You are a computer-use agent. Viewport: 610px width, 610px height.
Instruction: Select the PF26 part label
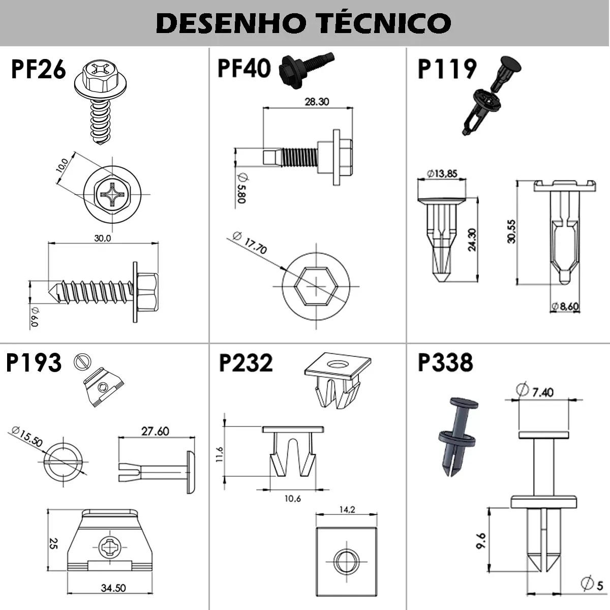[x=39, y=69]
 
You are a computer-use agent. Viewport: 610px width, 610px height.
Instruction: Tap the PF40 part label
[x=244, y=68]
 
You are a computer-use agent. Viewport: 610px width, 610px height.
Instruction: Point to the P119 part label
[x=447, y=69]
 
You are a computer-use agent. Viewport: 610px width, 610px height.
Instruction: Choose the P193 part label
[x=34, y=363]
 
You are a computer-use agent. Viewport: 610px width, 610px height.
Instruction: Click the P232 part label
[x=246, y=363]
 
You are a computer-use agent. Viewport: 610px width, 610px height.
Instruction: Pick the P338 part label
[x=445, y=363]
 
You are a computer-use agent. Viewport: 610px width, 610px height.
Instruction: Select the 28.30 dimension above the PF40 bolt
[x=317, y=102]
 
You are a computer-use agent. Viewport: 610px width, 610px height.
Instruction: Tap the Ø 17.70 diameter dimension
[x=250, y=242]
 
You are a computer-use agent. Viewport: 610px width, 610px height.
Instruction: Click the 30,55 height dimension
[x=511, y=231]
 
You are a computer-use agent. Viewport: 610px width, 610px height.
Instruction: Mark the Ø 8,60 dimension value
[x=566, y=307]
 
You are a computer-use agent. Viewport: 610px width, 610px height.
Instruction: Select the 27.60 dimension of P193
[x=155, y=431]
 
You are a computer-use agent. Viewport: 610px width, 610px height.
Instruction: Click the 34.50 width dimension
[x=113, y=588]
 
